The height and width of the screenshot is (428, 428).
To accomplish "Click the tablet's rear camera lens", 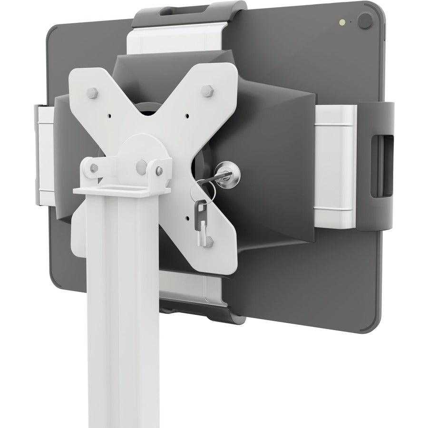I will [x=365, y=20].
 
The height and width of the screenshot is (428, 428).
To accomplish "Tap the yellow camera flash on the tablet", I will [x=341, y=22].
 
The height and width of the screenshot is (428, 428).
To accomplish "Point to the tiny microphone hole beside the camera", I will [x=351, y=21].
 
